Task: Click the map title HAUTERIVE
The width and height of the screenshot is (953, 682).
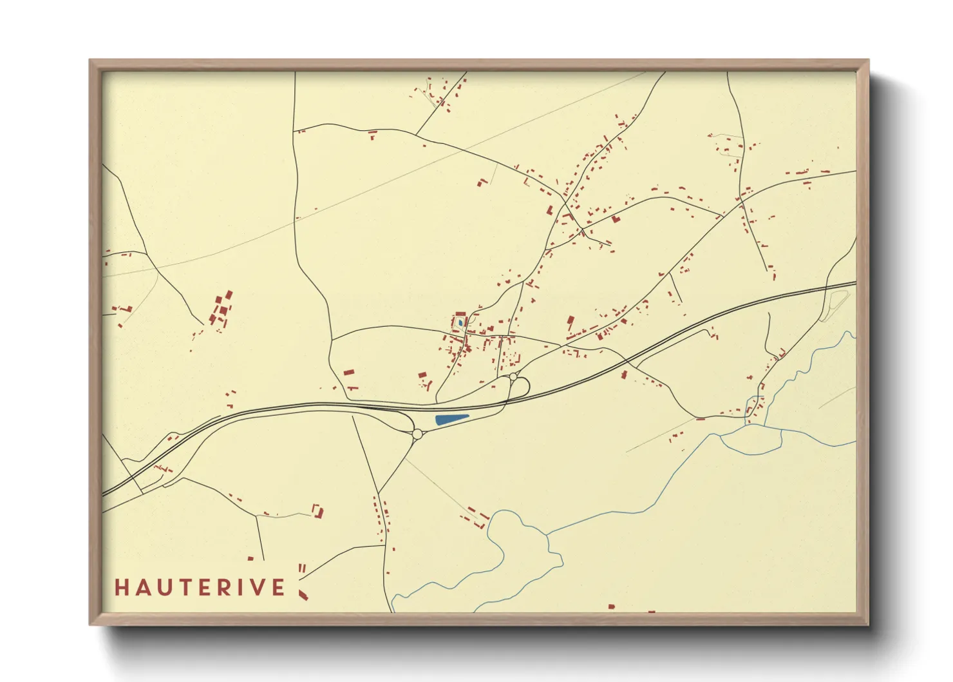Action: [x=200, y=587]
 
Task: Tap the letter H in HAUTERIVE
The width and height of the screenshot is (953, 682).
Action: [x=121, y=587]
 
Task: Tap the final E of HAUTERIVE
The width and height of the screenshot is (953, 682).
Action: [x=279, y=587]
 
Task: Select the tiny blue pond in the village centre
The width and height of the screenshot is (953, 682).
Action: [x=460, y=321]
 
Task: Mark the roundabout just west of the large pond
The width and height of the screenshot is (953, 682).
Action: [x=417, y=434]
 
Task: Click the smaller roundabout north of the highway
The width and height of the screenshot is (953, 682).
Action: [x=513, y=376]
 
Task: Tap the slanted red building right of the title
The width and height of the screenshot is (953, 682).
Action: [x=303, y=594]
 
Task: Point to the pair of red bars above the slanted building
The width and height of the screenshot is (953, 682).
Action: [x=301, y=568]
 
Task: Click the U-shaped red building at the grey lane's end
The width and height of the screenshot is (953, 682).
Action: [x=317, y=511]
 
